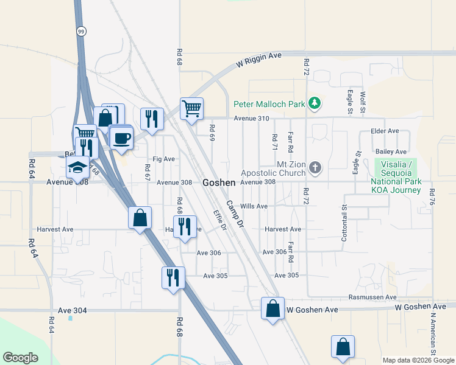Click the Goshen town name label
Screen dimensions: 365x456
(x=219, y=182)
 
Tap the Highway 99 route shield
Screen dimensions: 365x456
(x=80, y=30)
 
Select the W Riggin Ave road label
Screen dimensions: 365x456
(x=259, y=60)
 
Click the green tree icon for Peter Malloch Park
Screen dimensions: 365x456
(x=315, y=103)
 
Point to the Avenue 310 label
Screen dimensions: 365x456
(x=251, y=118)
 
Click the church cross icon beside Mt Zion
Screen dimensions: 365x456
(x=315, y=167)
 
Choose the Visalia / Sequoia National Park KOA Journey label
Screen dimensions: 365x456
(x=396, y=177)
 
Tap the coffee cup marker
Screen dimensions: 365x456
(x=121, y=137)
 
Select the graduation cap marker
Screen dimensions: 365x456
(x=77, y=166)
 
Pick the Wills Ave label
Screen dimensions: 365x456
(x=254, y=206)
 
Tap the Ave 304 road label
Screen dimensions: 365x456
(x=73, y=310)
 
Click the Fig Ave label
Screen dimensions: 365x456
(x=164, y=159)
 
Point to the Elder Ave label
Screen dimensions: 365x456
(x=385, y=131)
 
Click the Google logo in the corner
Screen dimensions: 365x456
(x=20, y=358)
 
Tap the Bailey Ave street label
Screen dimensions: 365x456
(x=391, y=151)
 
